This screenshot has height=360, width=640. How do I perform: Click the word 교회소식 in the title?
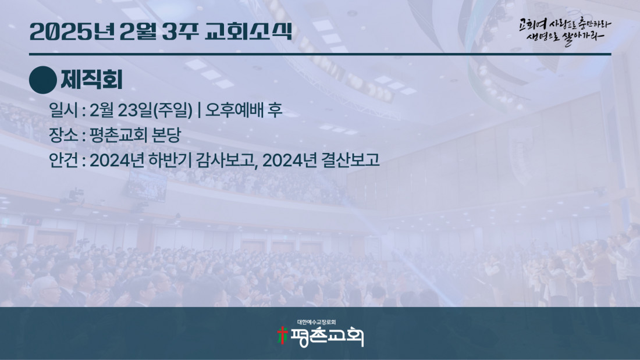pos(248,31)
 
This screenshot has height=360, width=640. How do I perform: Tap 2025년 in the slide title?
pos(72,31)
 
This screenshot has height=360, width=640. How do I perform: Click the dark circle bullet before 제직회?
pos(43,80)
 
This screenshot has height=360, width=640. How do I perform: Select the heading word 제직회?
pos(91,80)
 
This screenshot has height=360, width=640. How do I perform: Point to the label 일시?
pos(63,110)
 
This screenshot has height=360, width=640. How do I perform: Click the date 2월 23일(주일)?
pos(141,110)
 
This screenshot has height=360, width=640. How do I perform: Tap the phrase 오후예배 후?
pos(244,110)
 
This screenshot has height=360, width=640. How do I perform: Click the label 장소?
pos(63,135)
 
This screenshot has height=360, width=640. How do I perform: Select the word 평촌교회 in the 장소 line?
pos(118,135)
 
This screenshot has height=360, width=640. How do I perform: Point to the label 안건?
pos(63,161)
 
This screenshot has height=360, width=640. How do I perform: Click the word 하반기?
pos(170,161)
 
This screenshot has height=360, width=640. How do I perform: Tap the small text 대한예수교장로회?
pos(317,322)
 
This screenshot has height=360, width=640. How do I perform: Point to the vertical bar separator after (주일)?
pos(199,110)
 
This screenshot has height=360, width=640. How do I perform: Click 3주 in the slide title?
pos(180,31)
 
